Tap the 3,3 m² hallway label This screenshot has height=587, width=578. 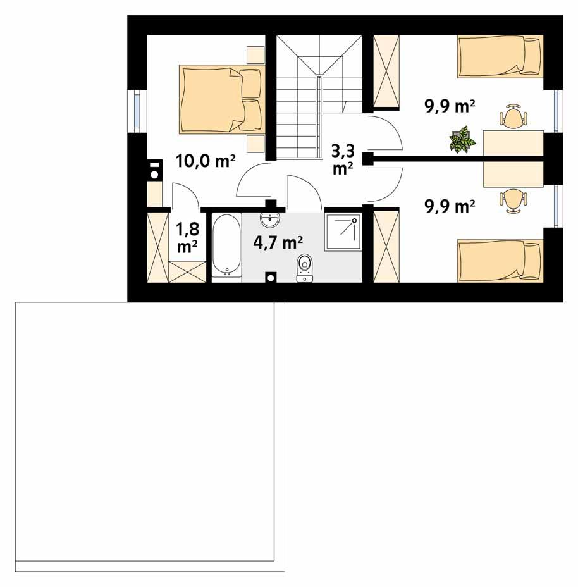click(x=343, y=159)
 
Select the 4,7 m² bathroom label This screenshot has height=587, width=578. click(x=278, y=242)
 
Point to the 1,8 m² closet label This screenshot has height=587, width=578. click(x=186, y=238)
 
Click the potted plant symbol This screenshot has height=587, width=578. click(x=462, y=139)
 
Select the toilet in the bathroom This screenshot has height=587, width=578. click(x=305, y=266)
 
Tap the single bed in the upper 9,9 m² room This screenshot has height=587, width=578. click(x=500, y=56)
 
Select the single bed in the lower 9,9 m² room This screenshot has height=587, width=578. click(x=500, y=259)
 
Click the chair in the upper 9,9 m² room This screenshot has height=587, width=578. click(x=512, y=117)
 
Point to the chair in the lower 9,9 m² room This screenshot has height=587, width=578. click(x=512, y=199)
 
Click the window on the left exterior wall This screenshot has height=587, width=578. click(x=137, y=112)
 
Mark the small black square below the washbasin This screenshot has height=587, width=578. click(x=271, y=277)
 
